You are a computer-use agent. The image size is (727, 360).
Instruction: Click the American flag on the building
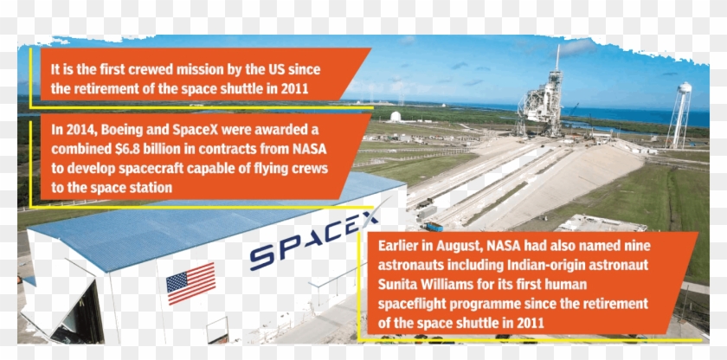pos(190,283)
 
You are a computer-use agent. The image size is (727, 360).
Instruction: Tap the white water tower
pos(679,115)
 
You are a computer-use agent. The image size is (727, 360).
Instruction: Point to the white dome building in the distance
pos(395,116)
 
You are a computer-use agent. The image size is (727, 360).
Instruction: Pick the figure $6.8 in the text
pos(132,149)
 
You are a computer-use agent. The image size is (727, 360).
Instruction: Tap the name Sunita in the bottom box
pos(397,284)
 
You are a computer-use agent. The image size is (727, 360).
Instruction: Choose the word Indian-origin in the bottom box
pos(550,266)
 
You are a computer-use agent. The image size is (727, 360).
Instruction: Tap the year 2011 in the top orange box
pos(294,88)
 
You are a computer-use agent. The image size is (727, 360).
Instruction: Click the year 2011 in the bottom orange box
pos(530,323)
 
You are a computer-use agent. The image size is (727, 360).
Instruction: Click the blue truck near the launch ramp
pos(433,227)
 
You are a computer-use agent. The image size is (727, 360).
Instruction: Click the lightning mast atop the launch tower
pos(557,57)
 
